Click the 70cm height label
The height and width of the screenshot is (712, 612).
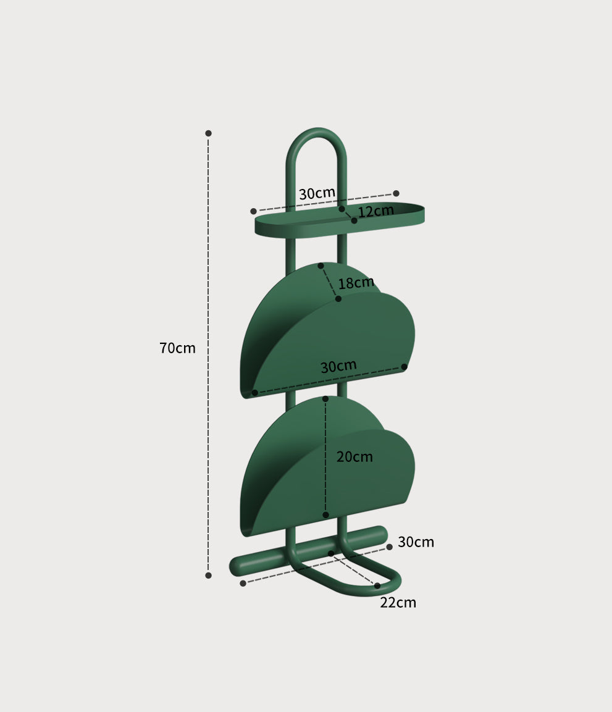(177, 348)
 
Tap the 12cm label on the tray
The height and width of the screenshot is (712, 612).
(375, 211)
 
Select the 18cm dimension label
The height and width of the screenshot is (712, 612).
(356, 283)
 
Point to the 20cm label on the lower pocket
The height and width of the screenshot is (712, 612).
(354, 457)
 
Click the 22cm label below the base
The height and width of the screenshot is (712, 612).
(398, 603)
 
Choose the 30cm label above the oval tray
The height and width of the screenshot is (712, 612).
(317, 193)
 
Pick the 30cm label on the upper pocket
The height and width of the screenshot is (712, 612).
(338, 366)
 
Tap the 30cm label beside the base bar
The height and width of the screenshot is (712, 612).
(416, 542)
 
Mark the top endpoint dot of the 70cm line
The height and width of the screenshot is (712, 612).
(208, 133)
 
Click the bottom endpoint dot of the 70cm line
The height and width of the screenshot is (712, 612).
(208, 576)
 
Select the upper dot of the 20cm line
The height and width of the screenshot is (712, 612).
(325, 399)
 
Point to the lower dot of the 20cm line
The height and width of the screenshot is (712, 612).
(325, 515)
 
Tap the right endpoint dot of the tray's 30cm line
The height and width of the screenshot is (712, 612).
(396, 193)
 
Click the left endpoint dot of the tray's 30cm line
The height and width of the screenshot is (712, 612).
(253, 211)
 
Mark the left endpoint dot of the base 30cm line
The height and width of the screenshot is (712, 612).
(243, 583)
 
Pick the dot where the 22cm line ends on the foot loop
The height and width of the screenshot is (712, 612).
(377, 585)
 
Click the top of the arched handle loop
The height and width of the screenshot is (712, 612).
(316, 132)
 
